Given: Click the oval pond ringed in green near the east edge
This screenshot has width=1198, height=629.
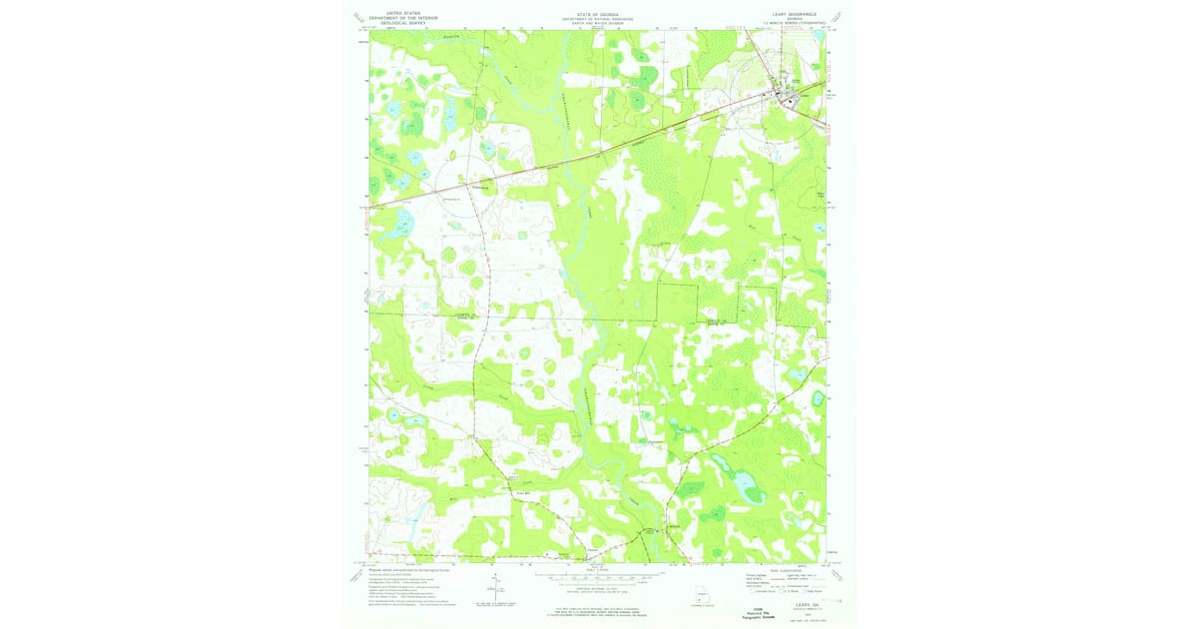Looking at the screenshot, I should pos(819,398).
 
